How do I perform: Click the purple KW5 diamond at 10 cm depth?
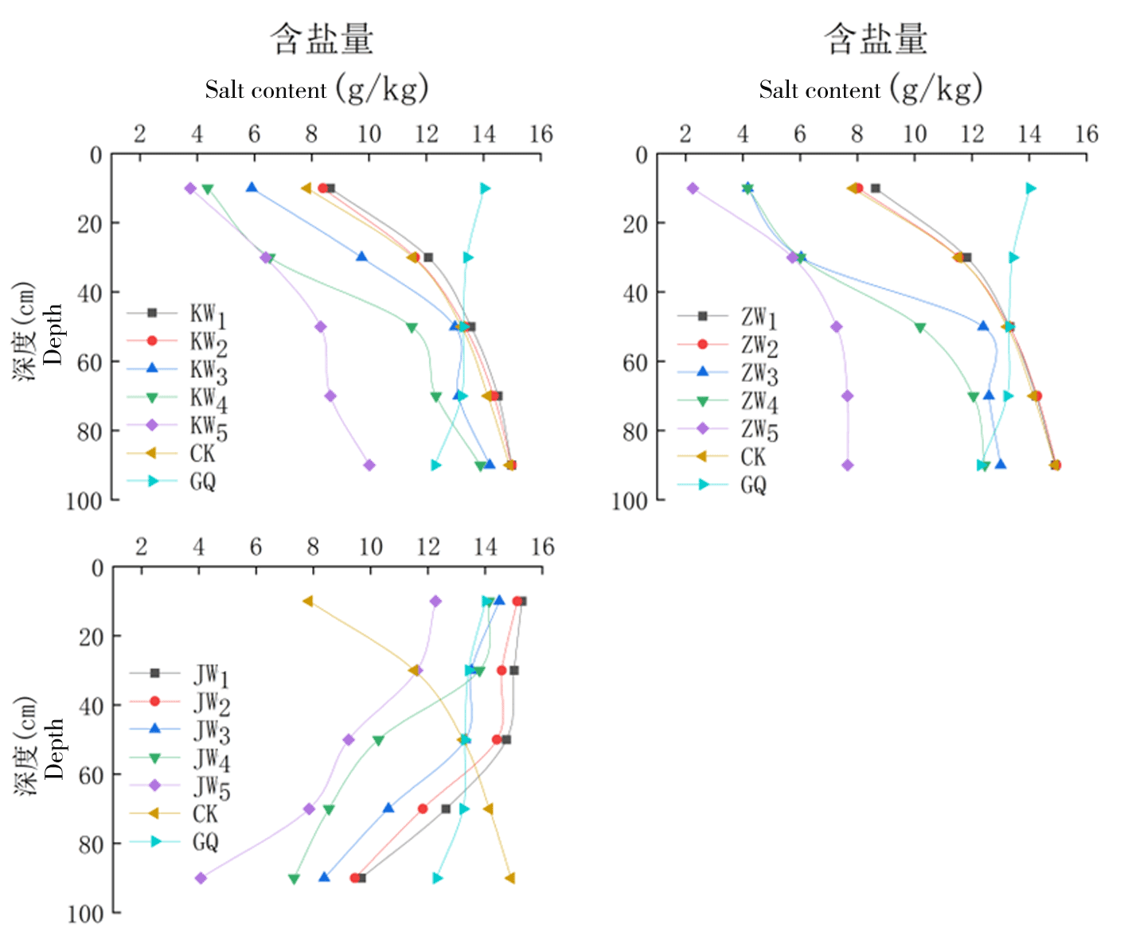click(190, 189)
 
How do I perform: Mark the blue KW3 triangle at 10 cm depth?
click(252, 188)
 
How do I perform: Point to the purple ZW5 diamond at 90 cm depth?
click(848, 465)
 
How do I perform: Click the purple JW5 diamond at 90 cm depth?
click(201, 878)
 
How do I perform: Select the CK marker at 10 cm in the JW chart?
click(307, 601)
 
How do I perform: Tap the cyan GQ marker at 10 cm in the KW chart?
click(485, 189)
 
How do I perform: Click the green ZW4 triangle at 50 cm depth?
click(920, 327)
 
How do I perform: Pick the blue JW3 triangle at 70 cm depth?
click(388, 809)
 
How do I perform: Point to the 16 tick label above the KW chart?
click(541, 134)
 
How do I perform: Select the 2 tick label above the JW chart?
click(141, 547)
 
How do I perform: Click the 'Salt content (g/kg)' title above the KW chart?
click(316, 89)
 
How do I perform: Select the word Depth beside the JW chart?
click(54, 749)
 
